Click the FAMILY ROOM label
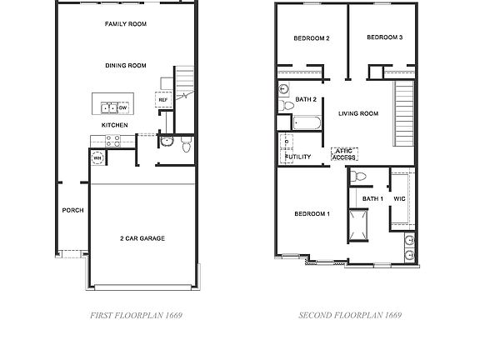pos(126,24)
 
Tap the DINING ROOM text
pos(126,65)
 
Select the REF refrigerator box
pos(162,99)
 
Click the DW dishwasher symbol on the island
pos(122,107)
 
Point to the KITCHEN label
pos(114,125)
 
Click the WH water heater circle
pos(97,157)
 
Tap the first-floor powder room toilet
pos(186,147)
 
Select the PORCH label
pos(72,210)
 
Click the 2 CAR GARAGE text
pos(142,238)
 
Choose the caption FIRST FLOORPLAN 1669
pos(135,316)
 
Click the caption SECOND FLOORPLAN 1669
pos(350,316)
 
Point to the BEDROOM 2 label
pos(312,38)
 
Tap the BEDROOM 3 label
pos(384,37)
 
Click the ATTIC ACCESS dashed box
pos(343,154)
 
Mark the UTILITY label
pos(297,157)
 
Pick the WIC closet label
pos(399,198)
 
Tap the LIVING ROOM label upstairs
pos(358,113)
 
